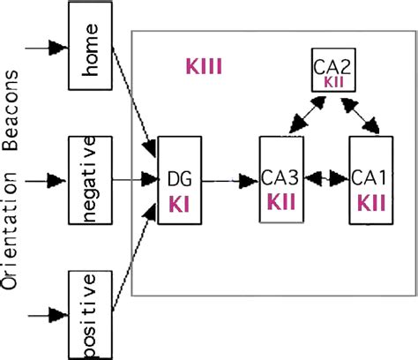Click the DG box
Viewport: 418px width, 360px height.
179,180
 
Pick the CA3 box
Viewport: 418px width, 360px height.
280,180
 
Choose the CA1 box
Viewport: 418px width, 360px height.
371,180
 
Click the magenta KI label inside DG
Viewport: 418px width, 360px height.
180,204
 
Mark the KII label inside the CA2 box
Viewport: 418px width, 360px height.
334,81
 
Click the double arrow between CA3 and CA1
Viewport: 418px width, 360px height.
326,180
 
